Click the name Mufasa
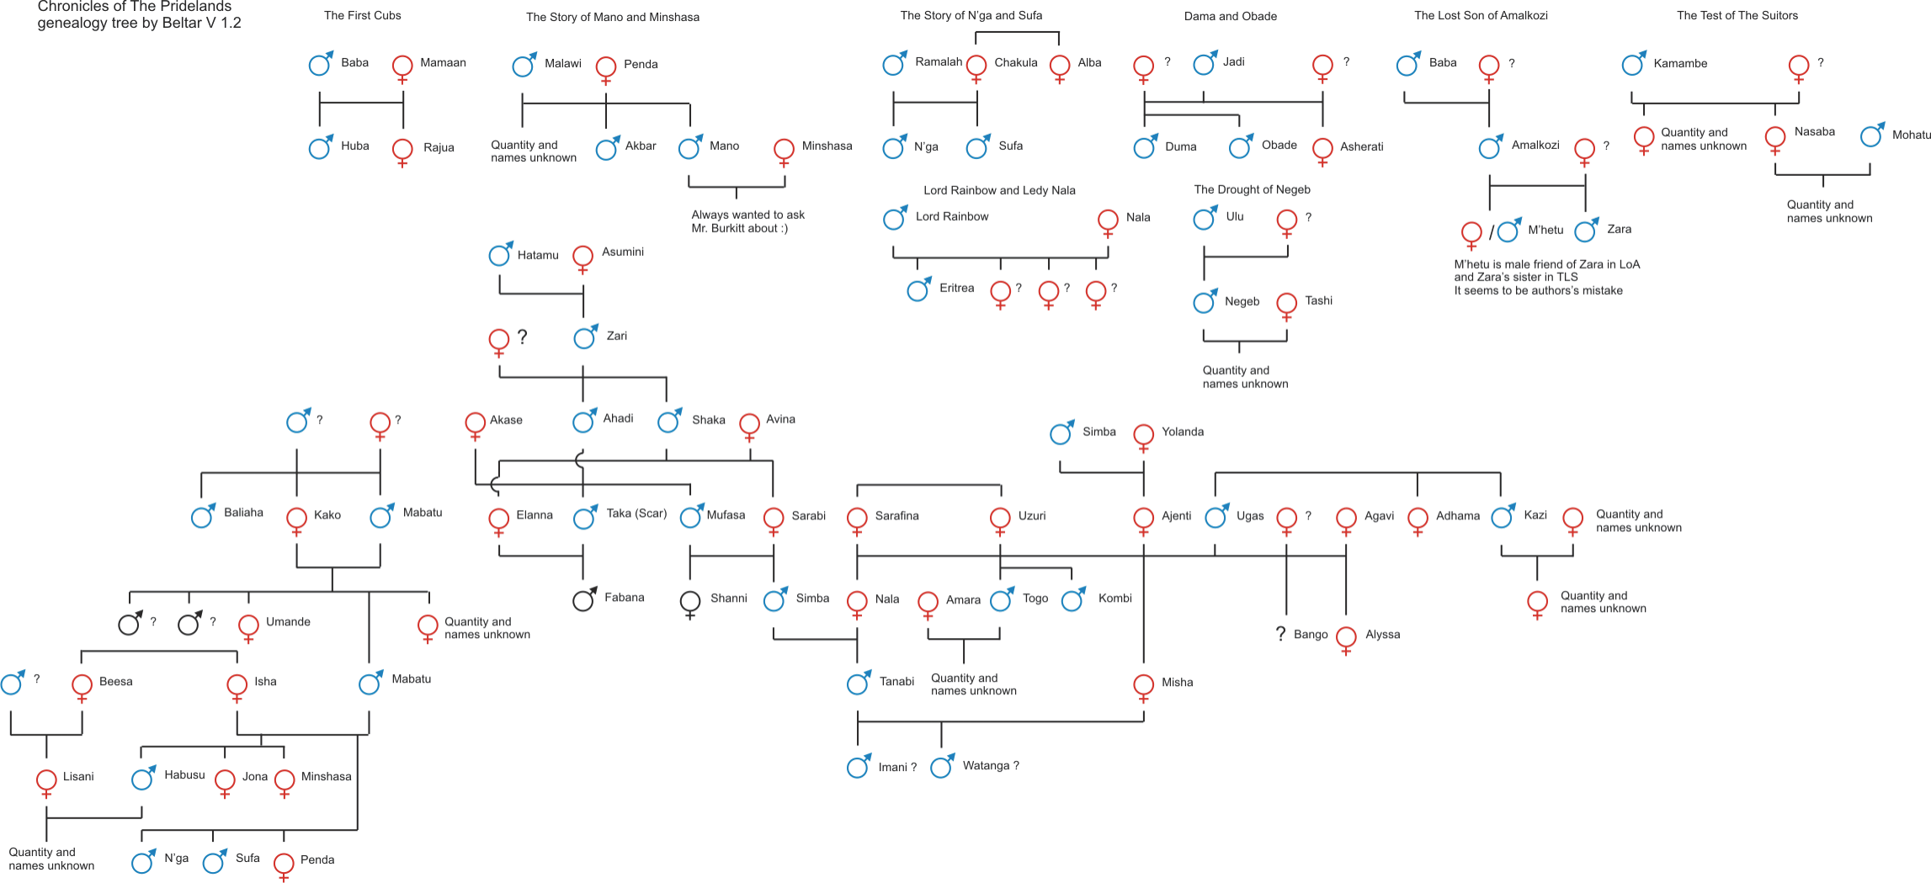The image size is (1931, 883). pos(726,515)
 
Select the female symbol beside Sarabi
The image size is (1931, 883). pos(774,519)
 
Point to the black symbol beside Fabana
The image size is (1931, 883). pos(583,600)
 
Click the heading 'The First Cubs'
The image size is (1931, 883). pos(362,15)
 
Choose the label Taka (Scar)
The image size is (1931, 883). pos(636,513)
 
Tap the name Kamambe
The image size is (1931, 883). pos(1680,63)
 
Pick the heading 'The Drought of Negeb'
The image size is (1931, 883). pos(1252,189)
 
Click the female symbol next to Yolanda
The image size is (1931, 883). pos(1143,435)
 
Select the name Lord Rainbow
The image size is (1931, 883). pos(952,216)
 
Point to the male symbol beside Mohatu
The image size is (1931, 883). pos(1871,136)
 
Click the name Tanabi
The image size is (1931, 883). pos(896,682)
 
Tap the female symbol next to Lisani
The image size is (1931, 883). pos(46,780)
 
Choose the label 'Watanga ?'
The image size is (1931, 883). pos(991,766)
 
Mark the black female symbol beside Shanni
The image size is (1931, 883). pos(690,602)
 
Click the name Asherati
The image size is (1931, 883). pos(1361,146)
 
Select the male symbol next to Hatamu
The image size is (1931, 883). pos(500,255)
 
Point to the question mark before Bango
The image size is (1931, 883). pos(1280,634)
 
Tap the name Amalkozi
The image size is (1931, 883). pos(1535,145)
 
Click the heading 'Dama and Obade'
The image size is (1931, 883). pos(1230,16)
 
